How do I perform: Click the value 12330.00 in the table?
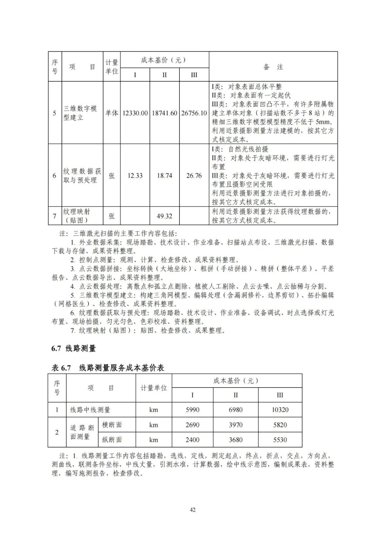tap(135, 113)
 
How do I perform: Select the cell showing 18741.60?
tap(164, 113)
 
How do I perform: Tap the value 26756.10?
tap(194, 113)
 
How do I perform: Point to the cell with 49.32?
tap(164, 216)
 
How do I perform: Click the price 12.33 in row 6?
tap(135, 176)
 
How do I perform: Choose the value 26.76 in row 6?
tap(194, 176)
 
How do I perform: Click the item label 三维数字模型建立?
tap(80, 113)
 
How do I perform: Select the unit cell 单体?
tap(112, 113)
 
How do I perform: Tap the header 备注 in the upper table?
tap(273, 67)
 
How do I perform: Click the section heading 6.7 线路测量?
tap(74, 348)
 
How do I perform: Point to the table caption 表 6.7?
tap(61, 368)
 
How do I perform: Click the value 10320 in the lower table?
tap(280, 410)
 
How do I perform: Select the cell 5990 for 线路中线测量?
tap(193, 410)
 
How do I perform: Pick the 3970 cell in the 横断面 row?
tap(236, 425)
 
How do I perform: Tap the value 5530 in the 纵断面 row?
tap(280, 440)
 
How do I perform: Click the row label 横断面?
tap(112, 425)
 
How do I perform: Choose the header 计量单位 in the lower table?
tap(154, 388)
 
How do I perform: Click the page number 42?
tap(193, 510)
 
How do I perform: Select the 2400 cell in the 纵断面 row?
tap(193, 440)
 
